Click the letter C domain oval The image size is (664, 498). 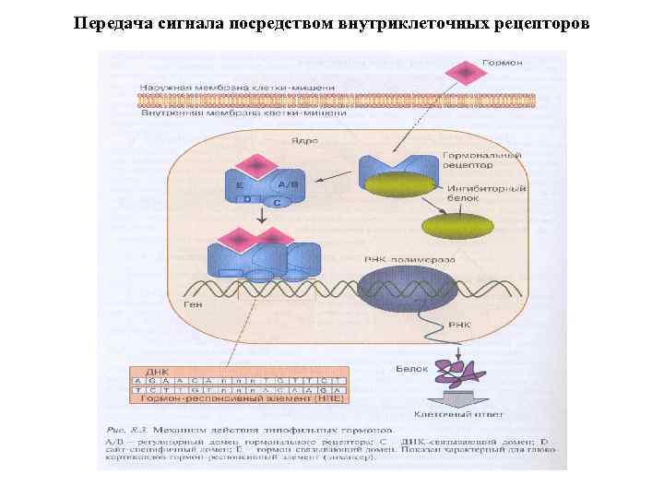pyautogui.click(x=276, y=200)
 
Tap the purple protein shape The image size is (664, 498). pyautogui.click(x=458, y=372)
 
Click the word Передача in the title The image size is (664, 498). pyautogui.click(x=107, y=21)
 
